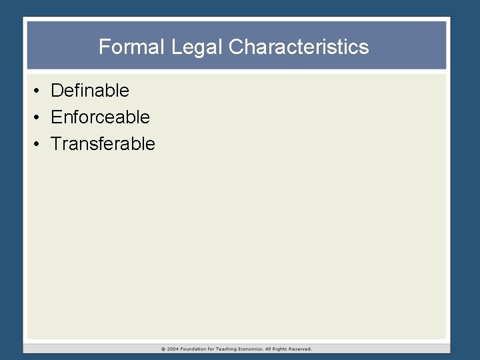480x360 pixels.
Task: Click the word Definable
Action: pyautogui.click(x=90, y=90)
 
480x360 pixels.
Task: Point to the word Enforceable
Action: pyautogui.click(x=100, y=117)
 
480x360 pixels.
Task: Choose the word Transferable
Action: pyautogui.click(x=103, y=144)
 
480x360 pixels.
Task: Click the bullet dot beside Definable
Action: pyautogui.click(x=39, y=91)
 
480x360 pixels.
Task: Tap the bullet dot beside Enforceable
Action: pyautogui.click(x=39, y=117)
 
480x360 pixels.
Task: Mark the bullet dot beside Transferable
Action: pyautogui.click(x=39, y=144)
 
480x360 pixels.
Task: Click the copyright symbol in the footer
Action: pyautogui.click(x=163, y=349)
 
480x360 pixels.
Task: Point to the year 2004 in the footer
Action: pyautogui.click(x=173, y=349)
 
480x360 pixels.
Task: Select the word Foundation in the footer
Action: pyautogui.click(x=196, y=349)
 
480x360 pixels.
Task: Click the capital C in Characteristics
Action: pyautogui.click(x=235, y=47)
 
